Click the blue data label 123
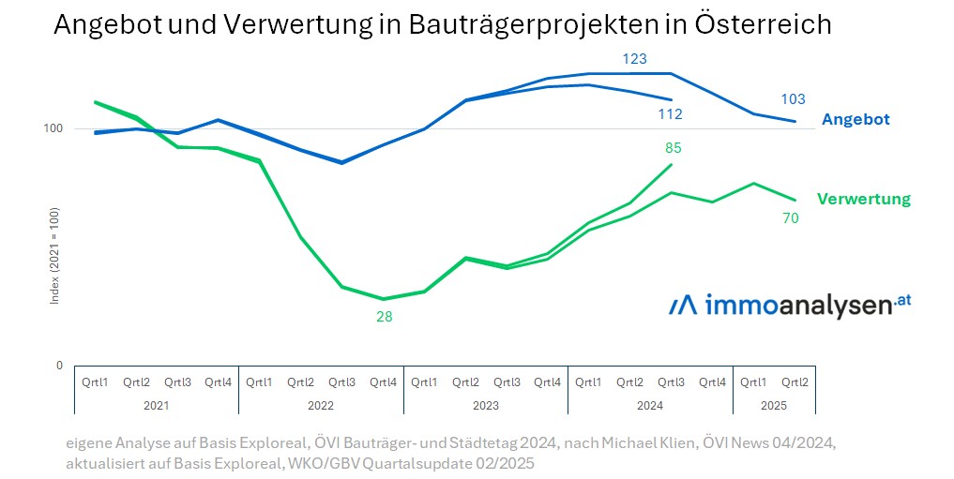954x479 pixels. [634, 59]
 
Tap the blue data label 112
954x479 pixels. [670, 114]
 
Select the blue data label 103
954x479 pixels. [793, 99]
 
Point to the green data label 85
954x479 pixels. [673, 147]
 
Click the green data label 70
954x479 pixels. [790, 218]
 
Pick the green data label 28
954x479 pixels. [384, 317]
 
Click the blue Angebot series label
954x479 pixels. [856, 120]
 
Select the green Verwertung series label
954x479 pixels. [863, 199]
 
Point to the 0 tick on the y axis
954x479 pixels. [59, 366]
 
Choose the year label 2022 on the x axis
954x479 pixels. [321, 406]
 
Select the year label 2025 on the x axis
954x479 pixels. [774, 406]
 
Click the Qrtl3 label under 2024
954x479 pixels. [671, 382]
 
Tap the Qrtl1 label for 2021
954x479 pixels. [95, 382]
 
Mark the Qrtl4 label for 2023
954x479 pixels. [548, 382]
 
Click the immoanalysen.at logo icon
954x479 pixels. [683, 306]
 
